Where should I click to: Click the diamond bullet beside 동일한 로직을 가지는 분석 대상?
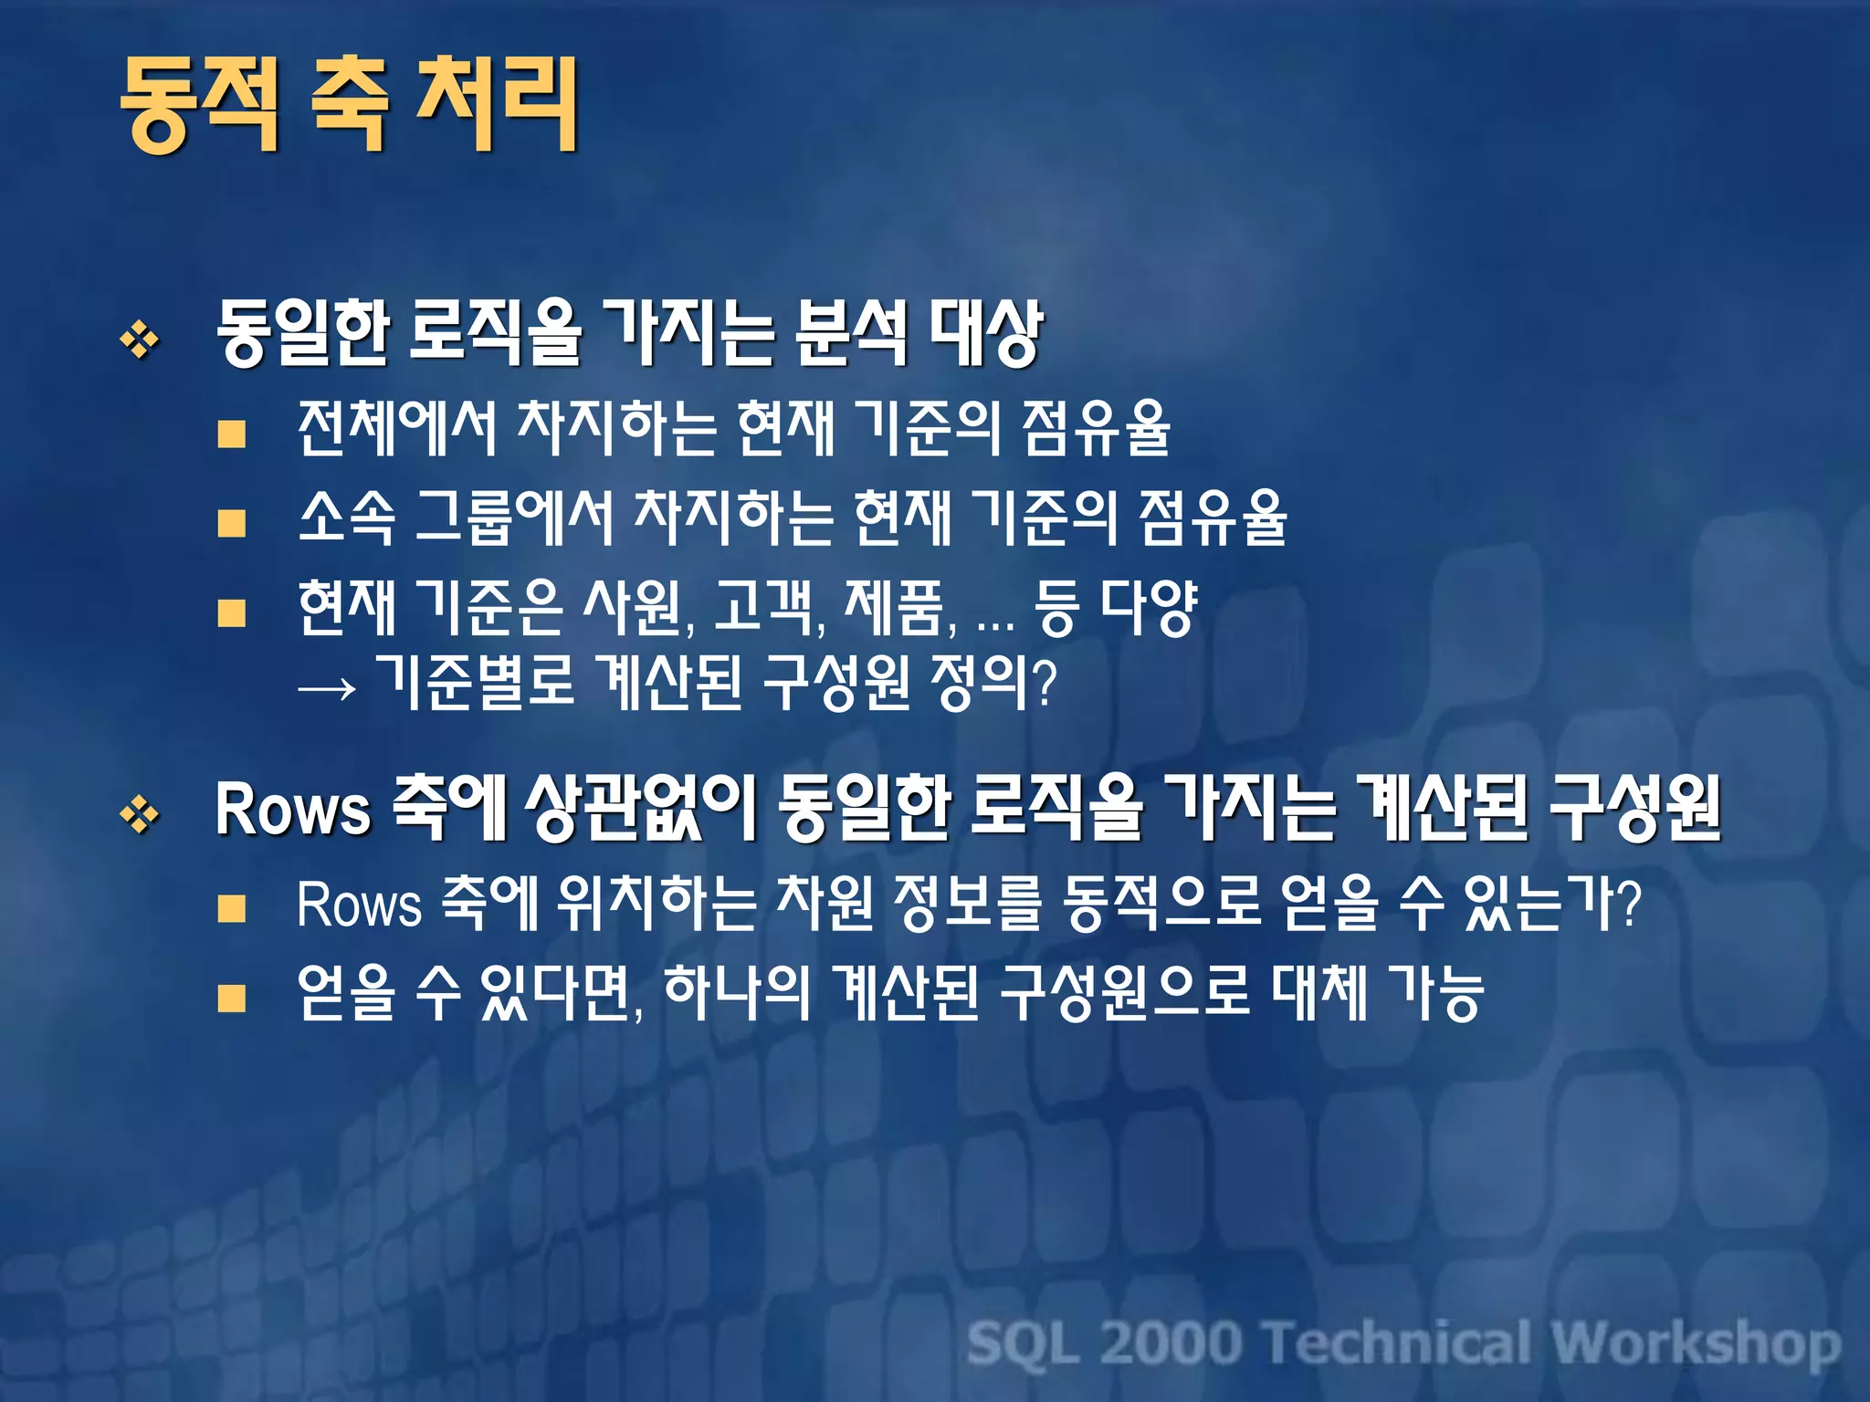click(x=140, y=340)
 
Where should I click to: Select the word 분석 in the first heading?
click(x=851, y=333)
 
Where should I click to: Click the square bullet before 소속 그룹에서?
click(x=232, y=523)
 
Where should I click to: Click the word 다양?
click(x=1148, y=607)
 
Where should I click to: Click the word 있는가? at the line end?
click(x=1552, y=904)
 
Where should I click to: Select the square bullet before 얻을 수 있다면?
click(x=232, y=999)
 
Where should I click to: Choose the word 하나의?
click(x=736, y=993)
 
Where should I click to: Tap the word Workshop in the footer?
click(x=1696, y=1344)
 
